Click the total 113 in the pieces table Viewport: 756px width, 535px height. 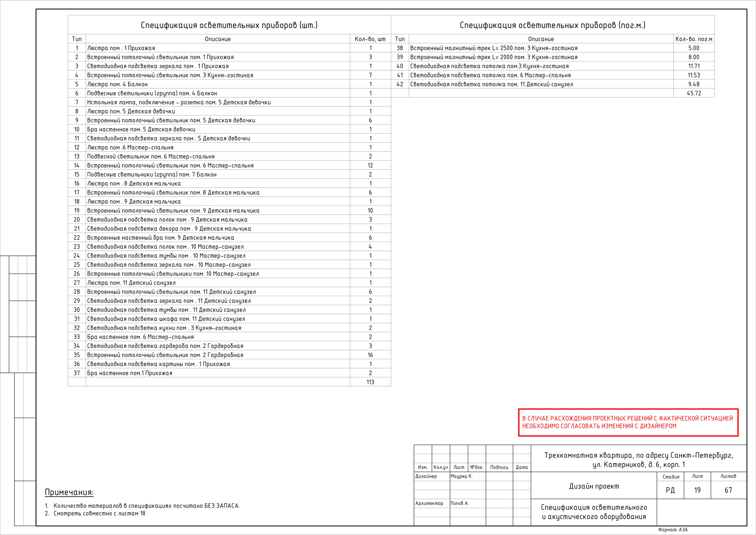coord(370,382)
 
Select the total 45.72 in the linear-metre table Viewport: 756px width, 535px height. coord(694,93)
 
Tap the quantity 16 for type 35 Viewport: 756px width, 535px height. coord(370,355)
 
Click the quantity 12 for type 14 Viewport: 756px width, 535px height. coord(370,165)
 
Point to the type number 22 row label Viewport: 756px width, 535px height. coord(77,238)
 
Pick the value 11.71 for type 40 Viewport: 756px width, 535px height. coord(694,66)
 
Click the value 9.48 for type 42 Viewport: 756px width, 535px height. coord(694,84)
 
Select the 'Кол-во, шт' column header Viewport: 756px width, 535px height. coord(370,39)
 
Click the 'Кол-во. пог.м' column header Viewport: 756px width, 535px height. coord(694,39)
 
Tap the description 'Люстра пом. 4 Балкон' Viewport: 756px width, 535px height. coord(117,84)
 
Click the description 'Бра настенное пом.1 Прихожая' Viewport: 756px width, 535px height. coord(130,373)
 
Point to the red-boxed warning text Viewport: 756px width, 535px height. coord(628,422)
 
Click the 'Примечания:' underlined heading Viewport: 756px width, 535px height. coord(69,492)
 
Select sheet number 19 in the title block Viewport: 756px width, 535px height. coord(697,490)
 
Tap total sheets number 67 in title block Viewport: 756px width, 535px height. coord(728,490)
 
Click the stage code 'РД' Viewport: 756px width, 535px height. coord(670,490)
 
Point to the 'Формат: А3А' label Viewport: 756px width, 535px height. coord(673,530)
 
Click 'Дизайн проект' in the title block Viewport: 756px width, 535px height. coord(594,486)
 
